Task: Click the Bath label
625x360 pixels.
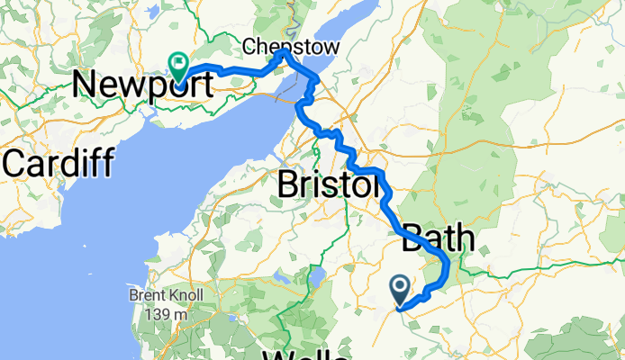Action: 438,239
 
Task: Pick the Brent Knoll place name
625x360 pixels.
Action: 168,295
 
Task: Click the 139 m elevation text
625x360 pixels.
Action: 168,312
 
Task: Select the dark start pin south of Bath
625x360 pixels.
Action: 400,291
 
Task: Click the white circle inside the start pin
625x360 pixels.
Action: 400,287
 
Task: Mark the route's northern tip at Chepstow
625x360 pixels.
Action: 283,53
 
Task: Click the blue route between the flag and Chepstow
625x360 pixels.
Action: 234,70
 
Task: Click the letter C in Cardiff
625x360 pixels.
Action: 17,164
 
